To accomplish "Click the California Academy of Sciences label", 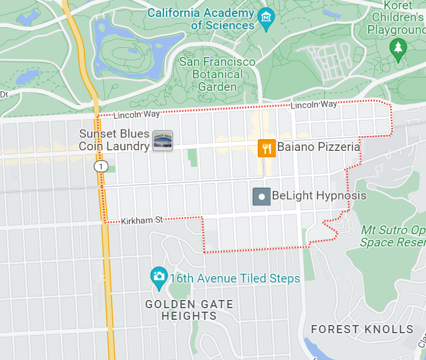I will [201, 19].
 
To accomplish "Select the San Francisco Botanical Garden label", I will [217, 74].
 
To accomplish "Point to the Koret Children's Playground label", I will [397, 17].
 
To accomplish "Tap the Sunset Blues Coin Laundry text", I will [114, 140].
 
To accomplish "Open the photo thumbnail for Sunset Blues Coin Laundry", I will [162, 140].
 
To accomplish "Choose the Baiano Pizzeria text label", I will [318, 147].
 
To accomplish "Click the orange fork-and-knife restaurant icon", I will [267, 148].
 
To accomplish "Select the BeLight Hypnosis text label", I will [319, 196].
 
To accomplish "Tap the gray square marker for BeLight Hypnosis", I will [262, 196].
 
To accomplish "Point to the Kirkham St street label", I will [141, 220].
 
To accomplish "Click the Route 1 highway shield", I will [102, 167].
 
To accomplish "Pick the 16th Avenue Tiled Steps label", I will [235, 278].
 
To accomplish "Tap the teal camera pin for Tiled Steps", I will [158, 276].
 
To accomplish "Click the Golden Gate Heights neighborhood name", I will [189, 310].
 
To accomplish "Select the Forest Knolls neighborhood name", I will [362, 329].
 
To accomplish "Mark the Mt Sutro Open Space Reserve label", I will [393, 236].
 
